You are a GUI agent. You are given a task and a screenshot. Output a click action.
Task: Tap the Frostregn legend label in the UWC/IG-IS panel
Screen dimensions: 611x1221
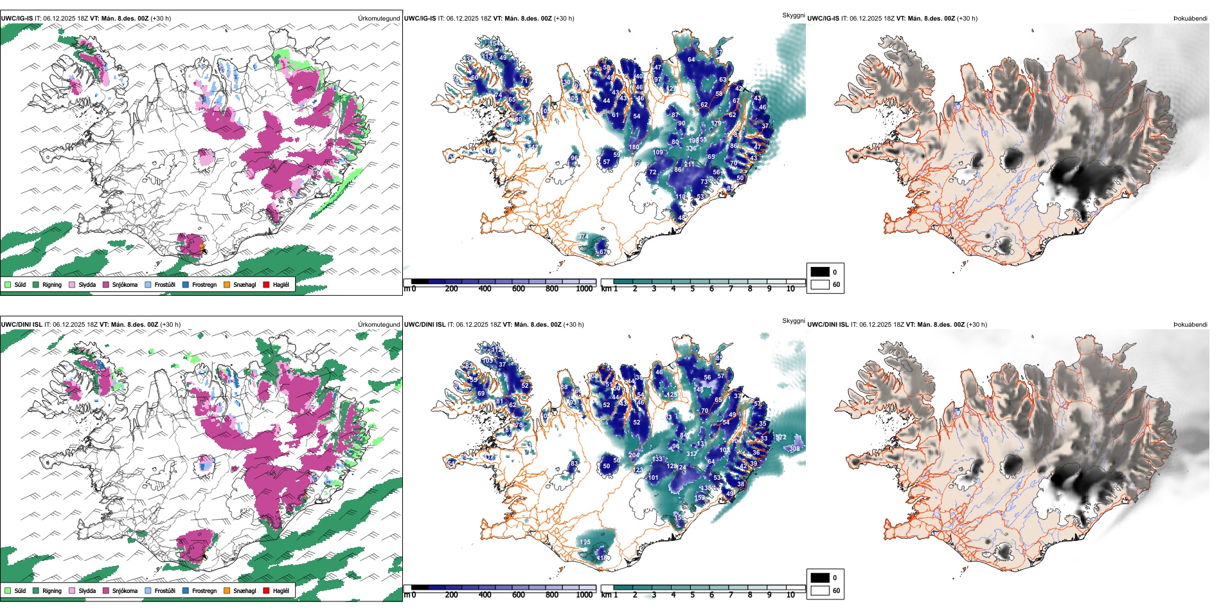tap(204, 284)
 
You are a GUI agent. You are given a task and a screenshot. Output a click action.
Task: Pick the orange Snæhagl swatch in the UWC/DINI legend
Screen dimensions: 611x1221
tap(227, 590)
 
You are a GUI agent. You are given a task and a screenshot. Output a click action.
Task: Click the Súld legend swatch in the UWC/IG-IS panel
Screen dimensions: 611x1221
tap(8, 284)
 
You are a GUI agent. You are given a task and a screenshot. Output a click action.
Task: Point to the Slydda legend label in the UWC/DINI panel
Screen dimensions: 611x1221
tap(87, 590)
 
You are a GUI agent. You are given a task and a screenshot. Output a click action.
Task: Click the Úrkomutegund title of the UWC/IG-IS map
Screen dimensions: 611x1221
tap(379, 18)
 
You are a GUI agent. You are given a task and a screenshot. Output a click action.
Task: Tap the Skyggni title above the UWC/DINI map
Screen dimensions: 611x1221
tap(793, 320)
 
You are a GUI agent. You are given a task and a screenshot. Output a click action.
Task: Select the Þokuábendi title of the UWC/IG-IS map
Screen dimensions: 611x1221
tap(1190, 18)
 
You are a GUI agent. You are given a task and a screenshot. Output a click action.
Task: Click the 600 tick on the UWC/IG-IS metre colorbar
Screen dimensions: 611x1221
tap(518, 289)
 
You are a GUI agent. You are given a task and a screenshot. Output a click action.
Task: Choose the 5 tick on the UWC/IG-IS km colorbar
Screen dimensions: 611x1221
tap(692, 289)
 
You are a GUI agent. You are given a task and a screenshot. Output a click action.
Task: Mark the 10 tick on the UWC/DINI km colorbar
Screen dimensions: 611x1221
tap(790, 595)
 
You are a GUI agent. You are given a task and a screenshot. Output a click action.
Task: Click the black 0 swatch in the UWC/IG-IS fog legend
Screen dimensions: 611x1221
tap(820, 271)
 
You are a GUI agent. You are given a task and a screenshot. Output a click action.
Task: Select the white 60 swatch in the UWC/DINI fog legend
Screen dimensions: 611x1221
tap(820, 590)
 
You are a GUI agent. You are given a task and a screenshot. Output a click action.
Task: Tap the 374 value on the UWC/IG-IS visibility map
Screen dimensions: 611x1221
tap(582, 237)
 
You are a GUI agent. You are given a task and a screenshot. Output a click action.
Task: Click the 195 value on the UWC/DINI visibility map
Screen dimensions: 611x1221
tap(585, 542)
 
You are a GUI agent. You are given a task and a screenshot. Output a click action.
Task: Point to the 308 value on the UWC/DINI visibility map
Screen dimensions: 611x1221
tap(794, 449)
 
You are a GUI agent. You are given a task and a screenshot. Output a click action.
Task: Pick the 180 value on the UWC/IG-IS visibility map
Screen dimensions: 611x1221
tap(634, 147)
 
